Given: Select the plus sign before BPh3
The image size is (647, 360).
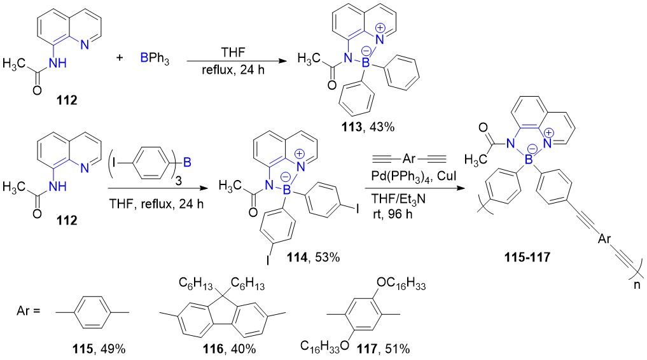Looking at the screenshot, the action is [x=119, y=57].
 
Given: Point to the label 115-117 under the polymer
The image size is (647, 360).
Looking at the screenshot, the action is [x=527, y=258].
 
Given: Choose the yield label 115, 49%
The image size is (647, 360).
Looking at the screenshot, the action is [x=98, y=349].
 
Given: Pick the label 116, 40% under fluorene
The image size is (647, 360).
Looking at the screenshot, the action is [x=229, y=349].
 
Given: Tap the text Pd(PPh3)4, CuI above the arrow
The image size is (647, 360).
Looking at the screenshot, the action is [x=414, y=176].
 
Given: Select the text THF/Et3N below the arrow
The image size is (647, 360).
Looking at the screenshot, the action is [x=398, y=199].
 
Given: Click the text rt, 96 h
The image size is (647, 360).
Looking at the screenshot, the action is [x=391, y=214].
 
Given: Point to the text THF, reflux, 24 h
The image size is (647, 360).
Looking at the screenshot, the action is [x=157, y=204].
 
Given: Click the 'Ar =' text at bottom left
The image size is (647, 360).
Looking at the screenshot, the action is [x=29, y=310].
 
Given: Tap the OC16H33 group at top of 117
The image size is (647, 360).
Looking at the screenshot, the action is [x=401, y=285].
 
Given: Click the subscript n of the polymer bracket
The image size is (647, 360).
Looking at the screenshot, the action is [x=637, y=284].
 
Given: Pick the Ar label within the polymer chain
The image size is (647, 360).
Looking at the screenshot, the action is [x=604, y=239].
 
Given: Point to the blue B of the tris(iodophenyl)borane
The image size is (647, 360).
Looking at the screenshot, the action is [x=187, y=162].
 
